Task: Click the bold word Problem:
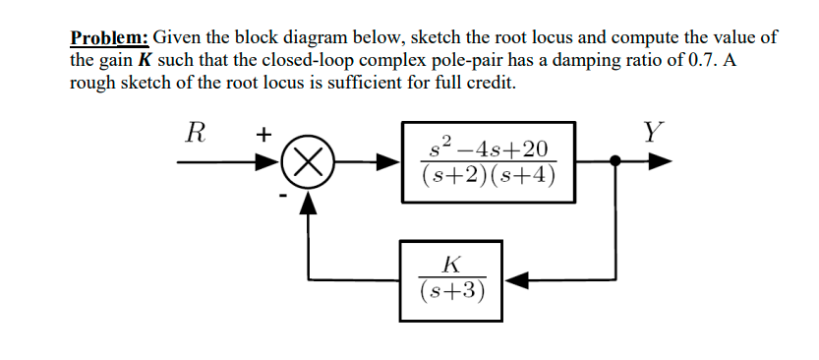pyautogui.click(x=109, y=38)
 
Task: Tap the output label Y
pyautogui.click(x=652, y=131)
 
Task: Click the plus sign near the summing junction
pyautogui.click(x=264, y=136)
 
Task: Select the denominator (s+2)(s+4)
pyautogui.click(x=489, y=176)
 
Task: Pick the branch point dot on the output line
pyautogui.click(x=615, y=161)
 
